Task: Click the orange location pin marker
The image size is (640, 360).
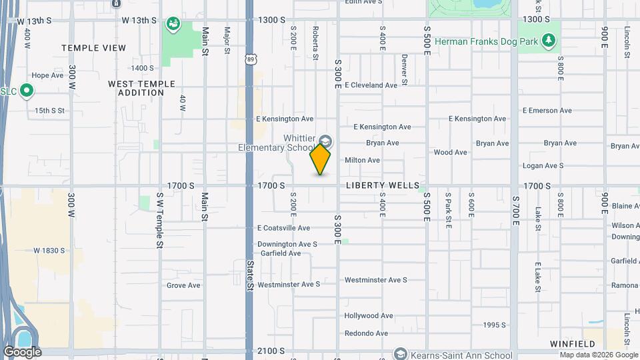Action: point(320,159)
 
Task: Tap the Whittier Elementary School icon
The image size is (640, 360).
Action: point(325,141)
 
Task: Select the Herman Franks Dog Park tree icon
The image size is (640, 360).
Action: point(549,41)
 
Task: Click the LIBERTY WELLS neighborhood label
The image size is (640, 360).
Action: point(383,185)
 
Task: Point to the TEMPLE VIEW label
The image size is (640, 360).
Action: point(93,48)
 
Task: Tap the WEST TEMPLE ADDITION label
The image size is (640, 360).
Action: point(141,88)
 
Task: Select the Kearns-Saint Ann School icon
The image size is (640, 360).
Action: point(400,353)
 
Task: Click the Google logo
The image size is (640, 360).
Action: point(22,352)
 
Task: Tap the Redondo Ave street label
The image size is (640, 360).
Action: point(366,333)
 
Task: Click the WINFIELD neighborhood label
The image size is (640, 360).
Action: point(572,344)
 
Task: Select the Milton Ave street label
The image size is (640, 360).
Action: point(362,160)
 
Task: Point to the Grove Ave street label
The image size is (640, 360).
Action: point(183,285)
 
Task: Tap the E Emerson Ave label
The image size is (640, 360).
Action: point(547,111)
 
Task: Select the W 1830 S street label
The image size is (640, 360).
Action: point(49,251)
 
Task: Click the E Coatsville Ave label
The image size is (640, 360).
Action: point(284,228)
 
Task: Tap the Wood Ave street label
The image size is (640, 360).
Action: point(450,152)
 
